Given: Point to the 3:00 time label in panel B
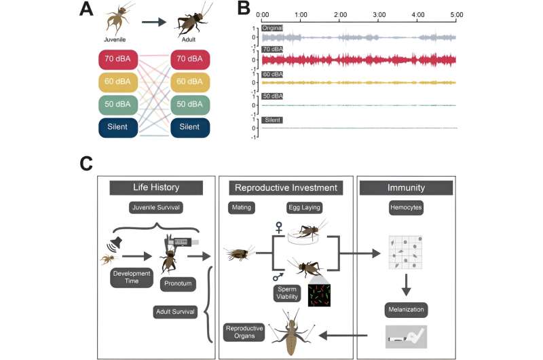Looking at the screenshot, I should click(x=379, y=14).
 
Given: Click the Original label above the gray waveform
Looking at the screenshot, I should click(x=272, y=28).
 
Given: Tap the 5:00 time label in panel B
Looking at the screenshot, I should click(x=457, y=14).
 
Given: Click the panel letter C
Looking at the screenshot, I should click(x=87, y=164).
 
